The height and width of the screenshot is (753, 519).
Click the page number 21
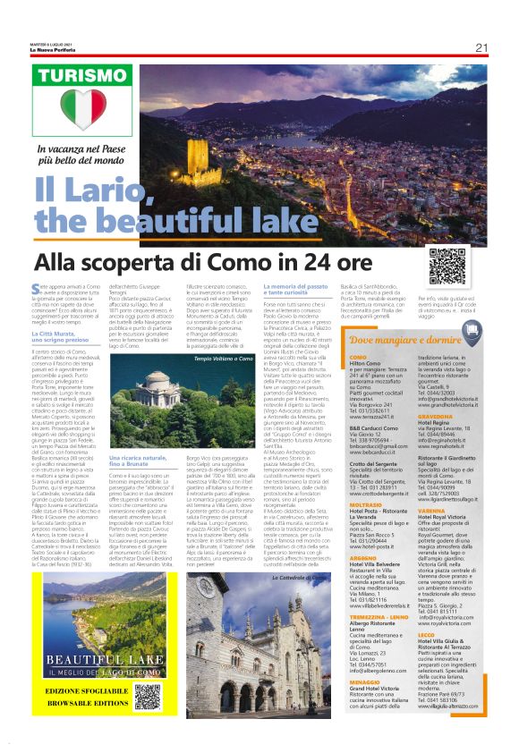pyautogui.click(x=481, y=47)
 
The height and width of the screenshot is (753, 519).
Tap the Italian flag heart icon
pyautogui.click(x=88, y=107)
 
